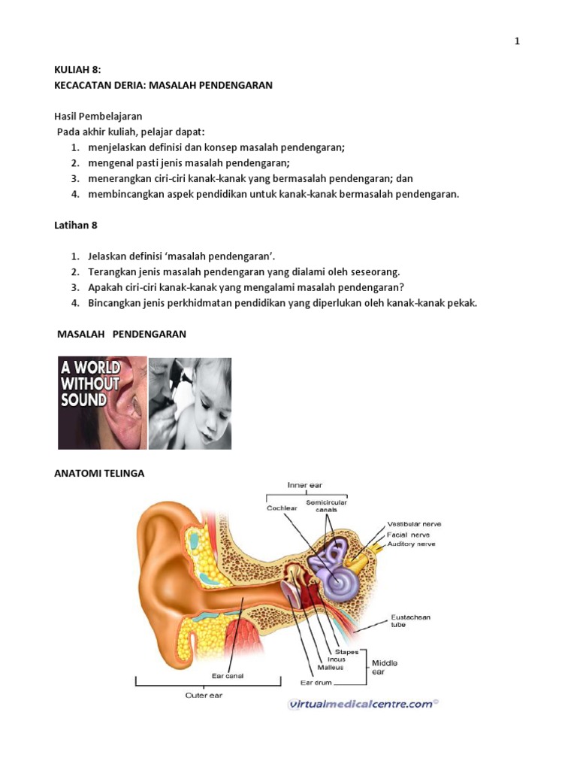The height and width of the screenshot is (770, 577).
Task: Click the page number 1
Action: pyautogui.click(x=517, y=41)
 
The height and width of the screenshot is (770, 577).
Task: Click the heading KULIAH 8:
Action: pyautogui.click(x=77, y=70)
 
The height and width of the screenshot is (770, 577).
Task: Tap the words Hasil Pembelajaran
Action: pyautogui.click(x=98, y=117)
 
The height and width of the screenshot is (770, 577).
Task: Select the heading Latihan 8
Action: pyautogui.click(x=76, y=226)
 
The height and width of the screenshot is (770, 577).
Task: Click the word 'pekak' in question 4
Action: pyautogui.click(x=462, y=303)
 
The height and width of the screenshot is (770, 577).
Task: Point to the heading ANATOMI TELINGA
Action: pyautogui.click(x=99, y=474)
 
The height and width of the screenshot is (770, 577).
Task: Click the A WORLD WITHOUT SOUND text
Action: pyautogui.click(x=90, y=383)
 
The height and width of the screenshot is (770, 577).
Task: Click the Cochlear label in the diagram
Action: pyautogui.click(x=282, y=508)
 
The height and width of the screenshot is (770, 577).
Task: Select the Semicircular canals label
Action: pyautogui.click(x=326, y=506)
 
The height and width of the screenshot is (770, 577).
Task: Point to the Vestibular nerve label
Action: pyautogui.click(x=414, y=524)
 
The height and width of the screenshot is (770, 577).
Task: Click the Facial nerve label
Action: pyautogui.click(x=408, y=535)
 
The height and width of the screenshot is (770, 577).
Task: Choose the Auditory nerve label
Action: pyautogui.click(x=411, y=544)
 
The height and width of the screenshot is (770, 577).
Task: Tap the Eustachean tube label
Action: pyautogui.click(x=410, y=620)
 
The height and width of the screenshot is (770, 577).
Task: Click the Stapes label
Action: pyautogui.click(x=346, y=652)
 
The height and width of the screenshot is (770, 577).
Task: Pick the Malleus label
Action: pyautogui.click(x=331, y=668)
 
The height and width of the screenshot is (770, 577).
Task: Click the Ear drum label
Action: pyautogui.click(x=316, y=683)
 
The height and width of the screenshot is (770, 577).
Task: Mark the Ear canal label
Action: pyautogui.click(x=227, y=676)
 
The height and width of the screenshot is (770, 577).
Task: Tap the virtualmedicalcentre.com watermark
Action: pyautogui.click(x=363, y=705)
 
